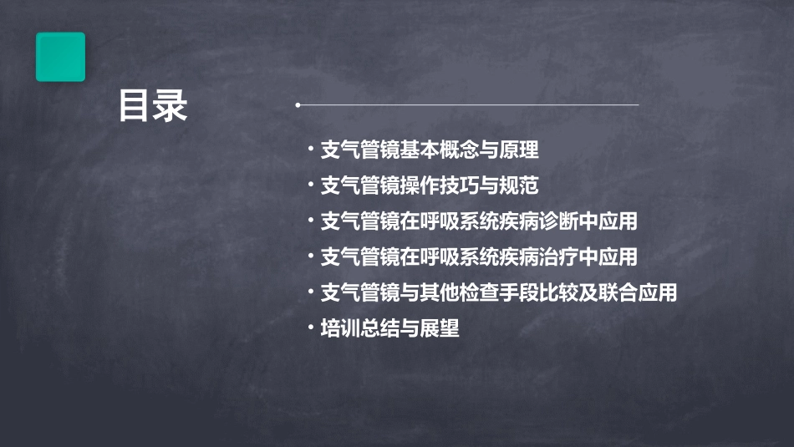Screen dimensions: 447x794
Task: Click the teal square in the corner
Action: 60,57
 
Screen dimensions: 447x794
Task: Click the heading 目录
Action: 152,106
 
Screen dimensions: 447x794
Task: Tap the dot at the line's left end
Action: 298,105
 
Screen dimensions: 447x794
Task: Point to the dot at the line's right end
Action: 638,105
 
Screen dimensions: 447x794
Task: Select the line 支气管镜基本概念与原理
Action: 430,150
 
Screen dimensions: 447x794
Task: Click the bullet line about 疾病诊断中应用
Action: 479,221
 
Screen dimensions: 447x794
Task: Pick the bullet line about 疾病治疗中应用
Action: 479,257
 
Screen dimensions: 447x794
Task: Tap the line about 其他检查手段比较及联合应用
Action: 499,292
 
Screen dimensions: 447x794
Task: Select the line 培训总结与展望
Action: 390,328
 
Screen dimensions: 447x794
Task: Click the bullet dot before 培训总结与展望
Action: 311,328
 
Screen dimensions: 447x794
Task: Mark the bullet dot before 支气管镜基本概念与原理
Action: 311,150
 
